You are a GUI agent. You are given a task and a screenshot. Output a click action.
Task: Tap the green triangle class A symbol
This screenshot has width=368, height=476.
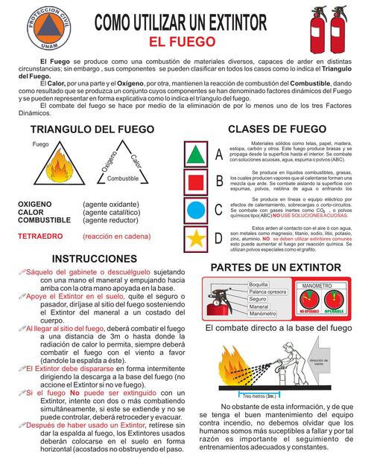[195, 154]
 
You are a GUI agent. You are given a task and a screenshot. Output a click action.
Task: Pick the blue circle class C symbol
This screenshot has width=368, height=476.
[195, 209]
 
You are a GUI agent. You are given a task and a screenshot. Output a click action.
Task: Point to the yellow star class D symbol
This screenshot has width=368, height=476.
[195, 237]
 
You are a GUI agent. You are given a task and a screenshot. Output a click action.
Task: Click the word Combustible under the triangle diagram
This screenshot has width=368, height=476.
[122, 179]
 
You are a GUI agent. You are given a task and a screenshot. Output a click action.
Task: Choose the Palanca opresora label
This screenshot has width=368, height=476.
[267, 292]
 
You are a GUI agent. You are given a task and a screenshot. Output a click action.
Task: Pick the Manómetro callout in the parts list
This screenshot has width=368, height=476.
[262, 314]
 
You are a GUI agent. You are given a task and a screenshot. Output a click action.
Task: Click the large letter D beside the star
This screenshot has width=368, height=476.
[218, 238]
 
